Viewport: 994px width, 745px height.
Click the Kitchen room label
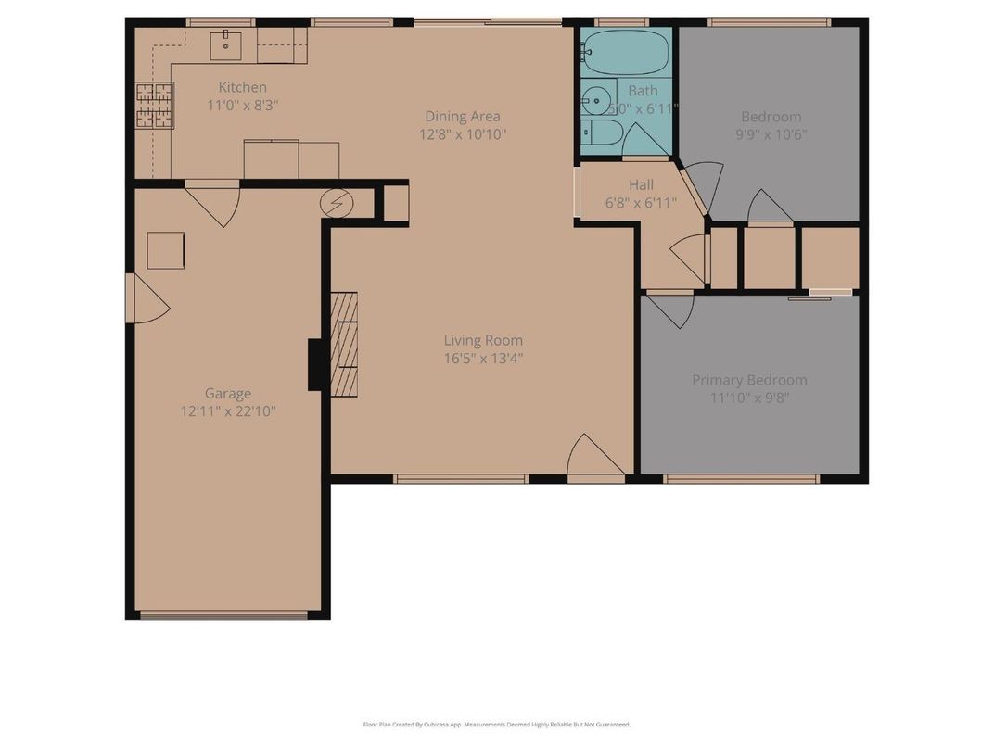(242, 87)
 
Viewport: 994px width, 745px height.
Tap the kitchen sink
(226, 42)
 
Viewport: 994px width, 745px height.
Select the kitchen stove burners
(155, 105)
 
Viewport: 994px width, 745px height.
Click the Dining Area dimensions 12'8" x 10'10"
(463, 134)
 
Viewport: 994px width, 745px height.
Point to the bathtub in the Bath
(623, 53)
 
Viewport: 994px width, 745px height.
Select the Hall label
(641, 185)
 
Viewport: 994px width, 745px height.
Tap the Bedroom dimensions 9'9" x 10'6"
(771, 134)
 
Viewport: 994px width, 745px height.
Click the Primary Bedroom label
(749, 380)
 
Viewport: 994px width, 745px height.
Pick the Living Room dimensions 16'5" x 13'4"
(483, 359)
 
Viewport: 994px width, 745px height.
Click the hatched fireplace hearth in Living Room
(344, 343)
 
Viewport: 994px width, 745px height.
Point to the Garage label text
(228, 393)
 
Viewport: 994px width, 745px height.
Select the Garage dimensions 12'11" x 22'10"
(228, 410)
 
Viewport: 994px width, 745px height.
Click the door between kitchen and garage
(214, 204)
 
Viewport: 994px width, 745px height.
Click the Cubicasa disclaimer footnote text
(496, 725)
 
